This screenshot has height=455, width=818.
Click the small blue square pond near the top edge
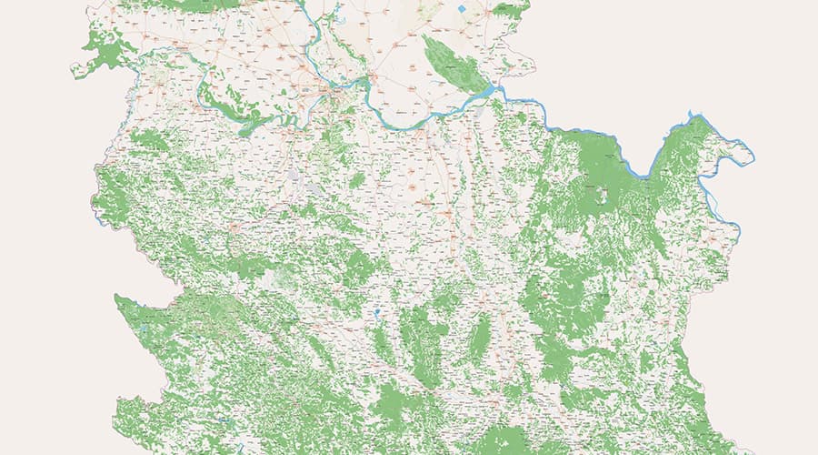[462, 9]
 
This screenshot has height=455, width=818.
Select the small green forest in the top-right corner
[509, 11]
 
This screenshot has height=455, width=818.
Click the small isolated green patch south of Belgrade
[356, 179]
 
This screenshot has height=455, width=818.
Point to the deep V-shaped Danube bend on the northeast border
[648, 173]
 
